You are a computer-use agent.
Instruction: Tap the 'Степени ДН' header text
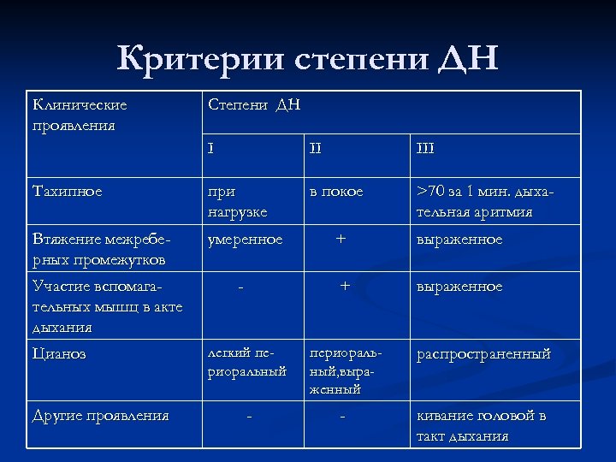click(254, 106)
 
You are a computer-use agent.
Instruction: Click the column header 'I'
click(210, 149)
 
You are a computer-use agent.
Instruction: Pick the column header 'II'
click(316, 149)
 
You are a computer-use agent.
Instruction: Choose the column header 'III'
click(426, 149)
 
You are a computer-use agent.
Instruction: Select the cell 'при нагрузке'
click(238, 201)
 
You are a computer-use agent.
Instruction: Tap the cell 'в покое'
click(336, 192)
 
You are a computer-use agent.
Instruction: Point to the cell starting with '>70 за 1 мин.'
click(485, 201)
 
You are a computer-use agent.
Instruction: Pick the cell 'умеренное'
click(246, 240)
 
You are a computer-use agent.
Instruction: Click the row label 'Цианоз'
click(59, 353)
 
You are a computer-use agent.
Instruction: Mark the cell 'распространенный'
click(483, 353)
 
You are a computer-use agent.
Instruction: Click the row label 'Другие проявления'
click(100, 417)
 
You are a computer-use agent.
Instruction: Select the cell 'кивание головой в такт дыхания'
click(481, 426)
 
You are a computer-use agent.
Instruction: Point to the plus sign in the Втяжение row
click(341, 240)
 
